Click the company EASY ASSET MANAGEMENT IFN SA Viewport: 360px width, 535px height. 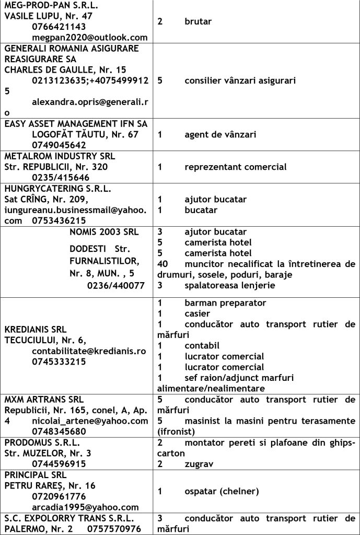(76, 124)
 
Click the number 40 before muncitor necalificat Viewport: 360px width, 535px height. (162, 264)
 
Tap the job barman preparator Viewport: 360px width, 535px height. (225, 303)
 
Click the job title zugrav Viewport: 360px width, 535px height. (199, 463)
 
